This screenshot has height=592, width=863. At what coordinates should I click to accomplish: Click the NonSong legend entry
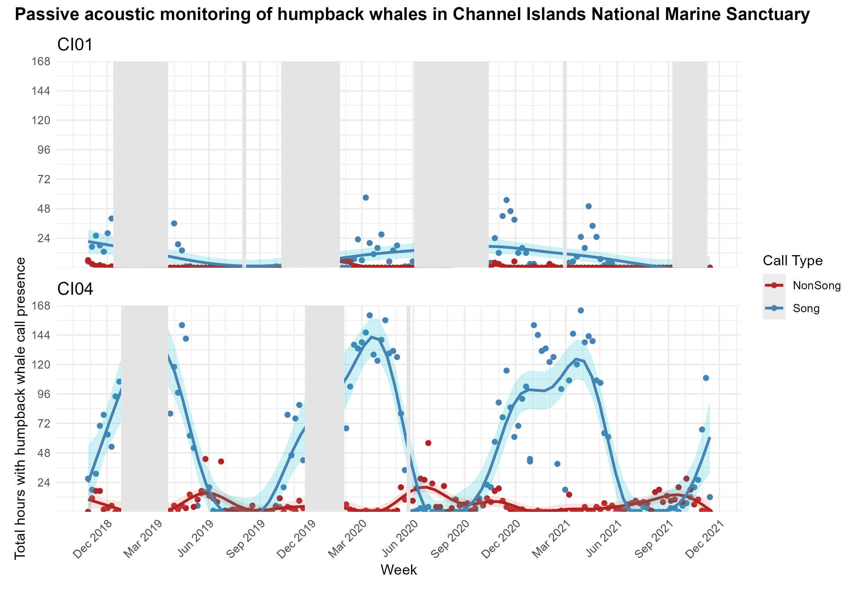point(816,286)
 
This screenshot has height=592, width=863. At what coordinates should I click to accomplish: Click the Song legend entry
point(806,308)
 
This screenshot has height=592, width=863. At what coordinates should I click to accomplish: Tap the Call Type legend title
point(793,261)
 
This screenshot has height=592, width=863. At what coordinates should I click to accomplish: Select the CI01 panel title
point(75,45)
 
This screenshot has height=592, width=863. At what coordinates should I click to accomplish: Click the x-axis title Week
point(398,570)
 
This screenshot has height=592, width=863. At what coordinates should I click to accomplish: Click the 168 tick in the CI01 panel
point(41,61)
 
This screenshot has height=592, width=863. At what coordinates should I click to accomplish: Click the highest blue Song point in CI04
point(581,310)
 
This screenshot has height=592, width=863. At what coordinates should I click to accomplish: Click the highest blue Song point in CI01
point(365,197)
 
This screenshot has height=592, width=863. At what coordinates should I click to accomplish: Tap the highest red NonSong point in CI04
point(428,443)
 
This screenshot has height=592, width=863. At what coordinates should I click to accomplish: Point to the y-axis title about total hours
point(20,408)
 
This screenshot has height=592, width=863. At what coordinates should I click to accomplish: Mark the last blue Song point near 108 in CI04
point(706,378)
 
